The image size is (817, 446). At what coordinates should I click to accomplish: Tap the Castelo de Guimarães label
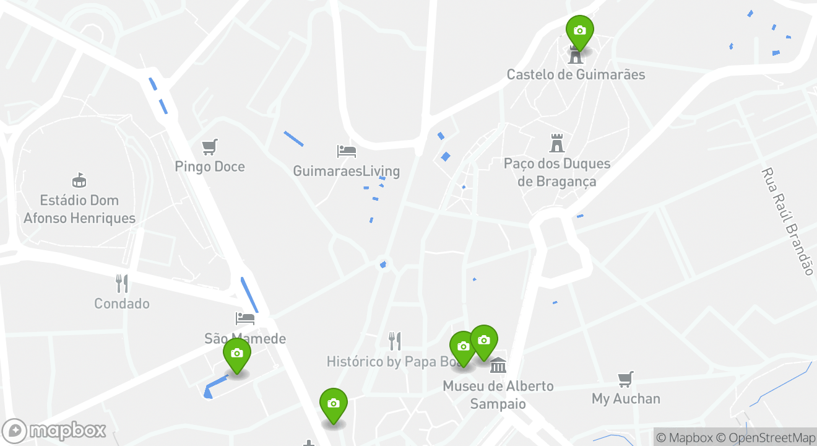pos(576,74)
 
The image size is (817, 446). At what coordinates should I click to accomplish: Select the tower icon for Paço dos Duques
pos(557,143)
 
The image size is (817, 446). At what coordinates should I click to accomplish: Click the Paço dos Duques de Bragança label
pos(557,172)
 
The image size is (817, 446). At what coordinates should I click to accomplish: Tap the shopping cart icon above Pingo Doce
pos(210,147)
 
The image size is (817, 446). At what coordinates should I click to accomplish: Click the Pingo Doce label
pos(210,167)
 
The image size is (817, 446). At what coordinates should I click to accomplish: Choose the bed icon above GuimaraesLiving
pos(346,151)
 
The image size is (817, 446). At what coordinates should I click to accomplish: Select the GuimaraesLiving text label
pos(346,171)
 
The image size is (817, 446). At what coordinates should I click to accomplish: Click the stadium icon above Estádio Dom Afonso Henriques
pos(79,180)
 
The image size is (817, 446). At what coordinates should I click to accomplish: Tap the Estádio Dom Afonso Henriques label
pos(79,209)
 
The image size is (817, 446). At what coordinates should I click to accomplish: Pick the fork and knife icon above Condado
pos(122,284)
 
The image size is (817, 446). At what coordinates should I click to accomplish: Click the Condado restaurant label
pos(122,304)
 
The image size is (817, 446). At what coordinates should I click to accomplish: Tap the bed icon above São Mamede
pos(245,318)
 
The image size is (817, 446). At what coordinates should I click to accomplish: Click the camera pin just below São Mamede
pos(236,354)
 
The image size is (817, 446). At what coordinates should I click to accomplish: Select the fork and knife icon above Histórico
pos(395,341)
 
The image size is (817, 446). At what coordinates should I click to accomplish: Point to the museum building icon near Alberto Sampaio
pos(498,365)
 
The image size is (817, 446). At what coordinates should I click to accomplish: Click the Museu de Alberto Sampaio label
pos(498,395)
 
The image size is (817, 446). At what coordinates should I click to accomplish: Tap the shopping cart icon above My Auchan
pos(626,379)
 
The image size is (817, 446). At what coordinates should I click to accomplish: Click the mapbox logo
pos(54,431)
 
